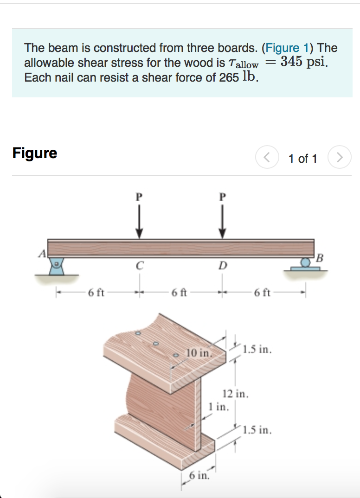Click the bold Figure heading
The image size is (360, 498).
pos(35,153)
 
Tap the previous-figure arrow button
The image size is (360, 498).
pos(266,159)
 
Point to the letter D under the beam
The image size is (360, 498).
pos(223,266)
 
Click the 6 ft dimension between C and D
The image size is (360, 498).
pos(179,293)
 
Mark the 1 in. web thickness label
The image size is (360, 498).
pos(218,407)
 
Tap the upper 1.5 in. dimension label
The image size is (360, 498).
pos(257,348)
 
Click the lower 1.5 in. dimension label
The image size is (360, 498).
pos(257,430)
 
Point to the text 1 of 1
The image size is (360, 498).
pos(302,159)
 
